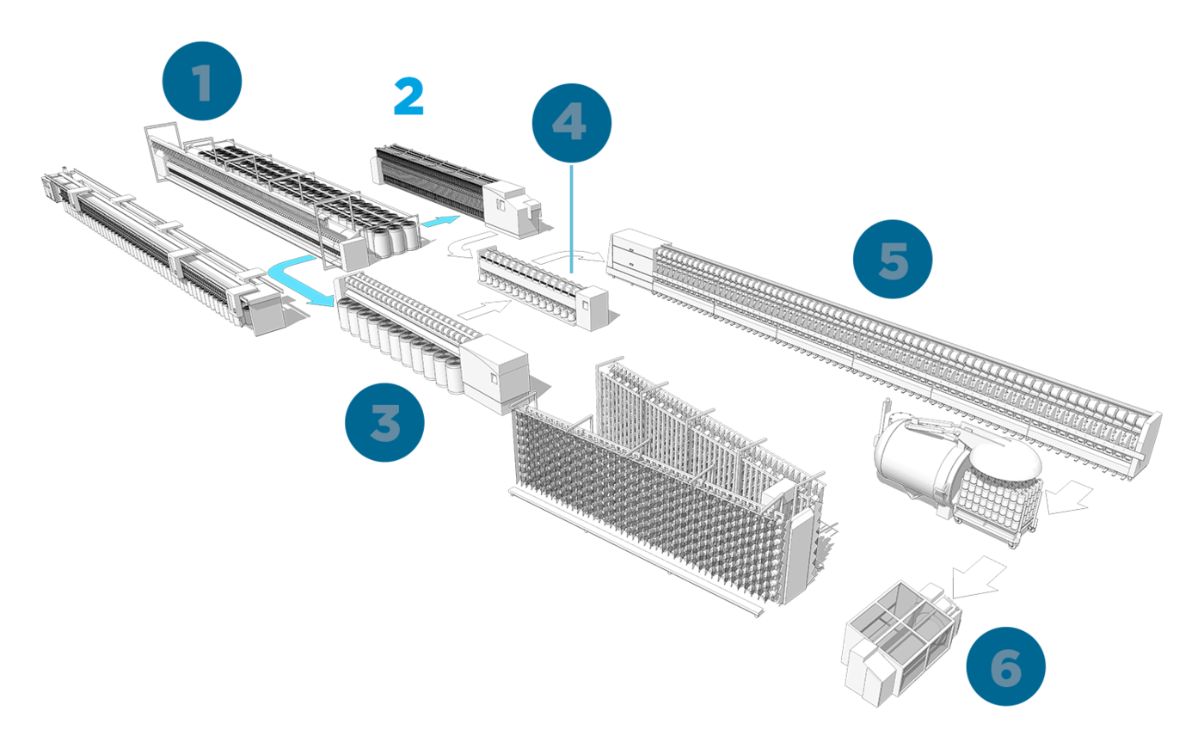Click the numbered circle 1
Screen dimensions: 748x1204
tap(202, 82)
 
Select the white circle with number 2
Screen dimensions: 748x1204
tap(408, 98)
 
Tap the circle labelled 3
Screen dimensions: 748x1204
tap(384, 423)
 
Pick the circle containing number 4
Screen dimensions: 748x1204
tap(571, 123)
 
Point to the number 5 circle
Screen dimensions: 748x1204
tap(893, 259)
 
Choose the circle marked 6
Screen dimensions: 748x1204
tap(1005, 666)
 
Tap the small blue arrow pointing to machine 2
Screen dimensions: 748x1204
tap(439, 223)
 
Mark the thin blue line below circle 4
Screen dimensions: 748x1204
tap(572, 219)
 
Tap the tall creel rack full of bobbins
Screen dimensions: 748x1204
tap(662, 481)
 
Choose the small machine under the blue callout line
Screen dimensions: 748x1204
tap(542, 284)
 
